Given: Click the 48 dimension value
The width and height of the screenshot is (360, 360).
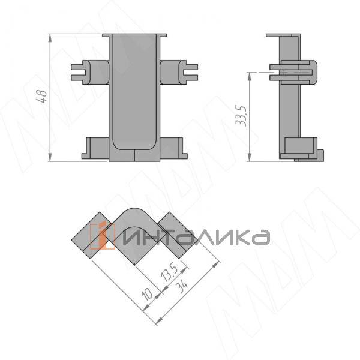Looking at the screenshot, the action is tap(41, 96).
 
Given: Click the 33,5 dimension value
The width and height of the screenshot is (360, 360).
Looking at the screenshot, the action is tap(241, 116).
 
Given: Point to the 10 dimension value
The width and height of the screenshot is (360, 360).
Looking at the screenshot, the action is tap(147, 293).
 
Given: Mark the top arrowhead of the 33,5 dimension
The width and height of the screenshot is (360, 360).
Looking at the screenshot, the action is tap(250, 76).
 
